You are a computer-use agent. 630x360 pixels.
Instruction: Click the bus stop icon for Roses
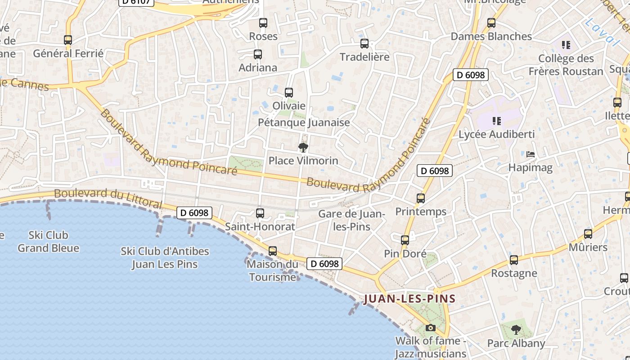pyautogui.click(x=263, y=23)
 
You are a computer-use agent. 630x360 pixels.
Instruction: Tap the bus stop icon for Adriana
pyautogui.click(x=258, y=54)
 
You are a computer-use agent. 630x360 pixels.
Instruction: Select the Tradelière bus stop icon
pyautogui.click(x=364, y=44)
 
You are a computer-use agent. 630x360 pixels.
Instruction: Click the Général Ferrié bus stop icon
pyautogui.click(x=68, y=40)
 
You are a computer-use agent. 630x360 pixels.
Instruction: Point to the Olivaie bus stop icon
pyautogui.click(x=289, y=93)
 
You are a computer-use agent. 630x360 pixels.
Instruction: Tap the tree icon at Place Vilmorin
pyautogui.click(x=303, y=147)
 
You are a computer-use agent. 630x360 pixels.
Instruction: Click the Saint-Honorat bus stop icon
pyautogui.click(x=260, y=213)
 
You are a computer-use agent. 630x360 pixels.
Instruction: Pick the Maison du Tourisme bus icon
pyautogui.click(x=273, y=251)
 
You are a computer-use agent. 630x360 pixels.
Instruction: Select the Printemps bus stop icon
pyautogui.click(x=421, y=198)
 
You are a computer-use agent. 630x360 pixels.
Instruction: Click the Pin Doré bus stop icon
pyautogui.click(x=405, y=240)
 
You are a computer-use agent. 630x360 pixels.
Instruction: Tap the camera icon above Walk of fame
pyautogui.click(x=431, y=328)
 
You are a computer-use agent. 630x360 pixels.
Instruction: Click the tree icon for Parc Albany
pyautogui.click(x=516, y=330)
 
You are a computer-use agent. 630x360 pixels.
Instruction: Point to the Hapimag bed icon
pyautogui.click(x=531, y=154)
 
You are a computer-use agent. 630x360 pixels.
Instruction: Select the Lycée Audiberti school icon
pyautogui.click(x=497, y=121)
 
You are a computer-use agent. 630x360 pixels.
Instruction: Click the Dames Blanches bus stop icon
pyautogui.click(x=491, y=23)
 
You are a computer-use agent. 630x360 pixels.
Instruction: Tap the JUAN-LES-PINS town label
pyautogui.click(x=409, y=298)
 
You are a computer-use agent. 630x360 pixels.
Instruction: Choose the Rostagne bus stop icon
pyautogui.click(x=514, y=260)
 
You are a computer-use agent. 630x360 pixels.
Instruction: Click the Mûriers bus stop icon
pyautogui.click(x=588, y=234)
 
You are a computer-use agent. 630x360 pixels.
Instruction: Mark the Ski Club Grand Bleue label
pyautogui.click(x=48, y=242)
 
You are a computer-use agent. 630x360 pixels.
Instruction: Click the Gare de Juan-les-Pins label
pyautogui.click(x=351, y=220)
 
